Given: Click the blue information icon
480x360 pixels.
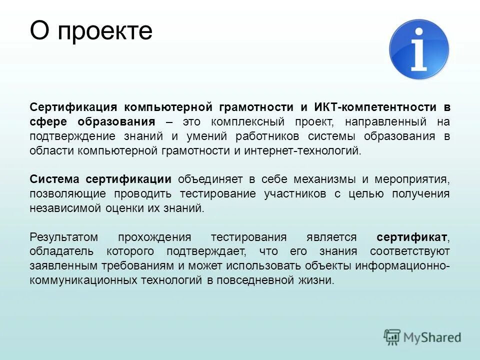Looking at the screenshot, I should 419,49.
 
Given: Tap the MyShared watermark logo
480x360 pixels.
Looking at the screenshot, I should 422,337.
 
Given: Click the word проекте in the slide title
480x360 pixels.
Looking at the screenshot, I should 104,31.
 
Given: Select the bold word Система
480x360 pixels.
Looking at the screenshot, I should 54,179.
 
